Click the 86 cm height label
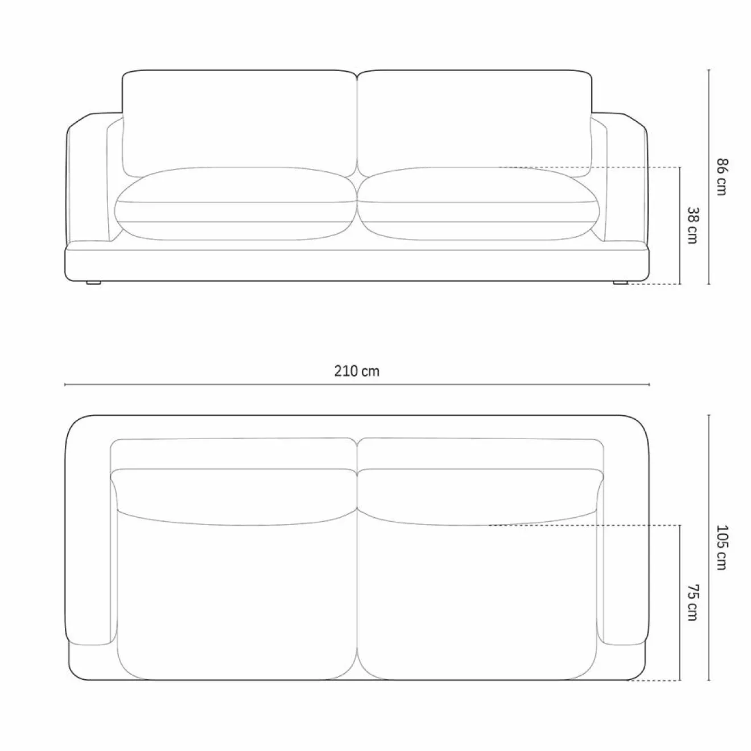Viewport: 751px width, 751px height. point(722,176)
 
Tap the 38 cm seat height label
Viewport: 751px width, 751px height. point(692,225)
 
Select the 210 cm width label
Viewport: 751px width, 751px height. point(357,371)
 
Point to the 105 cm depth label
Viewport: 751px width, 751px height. point(722,547)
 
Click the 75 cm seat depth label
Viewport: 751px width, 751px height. point(692,613)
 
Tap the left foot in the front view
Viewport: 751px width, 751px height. point(93,282)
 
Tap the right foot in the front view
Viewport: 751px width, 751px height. point(620,282)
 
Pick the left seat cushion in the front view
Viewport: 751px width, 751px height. point(236,204)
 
